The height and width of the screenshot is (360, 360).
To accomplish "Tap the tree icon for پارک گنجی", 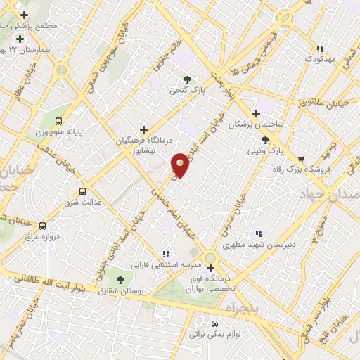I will pos(187,79).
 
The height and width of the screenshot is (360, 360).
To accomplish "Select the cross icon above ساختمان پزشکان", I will pos(257,113).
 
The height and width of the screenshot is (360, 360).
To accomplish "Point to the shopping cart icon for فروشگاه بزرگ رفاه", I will pos(302,158).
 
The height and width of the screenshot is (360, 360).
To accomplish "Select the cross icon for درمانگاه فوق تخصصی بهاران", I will pos(210,268).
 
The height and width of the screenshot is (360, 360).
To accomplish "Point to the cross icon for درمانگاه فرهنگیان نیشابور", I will pos(144,129).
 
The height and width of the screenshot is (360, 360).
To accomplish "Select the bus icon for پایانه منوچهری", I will pos(59,120).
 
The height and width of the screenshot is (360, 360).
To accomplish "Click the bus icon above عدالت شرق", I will pos(83,191).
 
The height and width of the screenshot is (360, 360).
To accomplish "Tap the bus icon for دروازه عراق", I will pos(43,226).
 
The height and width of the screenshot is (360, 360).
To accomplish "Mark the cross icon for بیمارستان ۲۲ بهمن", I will pos(20,39).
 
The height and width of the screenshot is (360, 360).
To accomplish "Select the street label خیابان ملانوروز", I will pos(333,103).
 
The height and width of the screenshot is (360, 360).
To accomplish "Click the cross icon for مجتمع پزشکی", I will pos(25,15).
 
